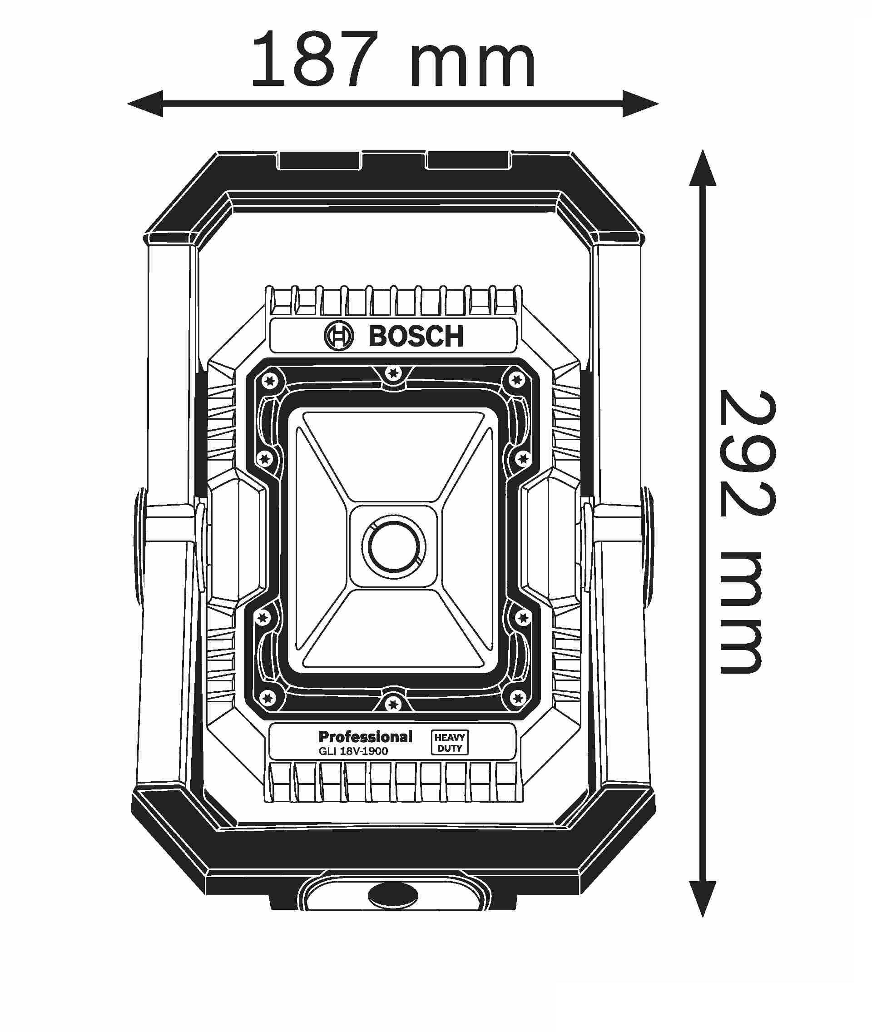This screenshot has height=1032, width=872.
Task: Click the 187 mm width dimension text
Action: pyautogui.click(x=393, y=60)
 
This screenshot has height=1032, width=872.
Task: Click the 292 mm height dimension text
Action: pyautogui.click(x=747, y=531)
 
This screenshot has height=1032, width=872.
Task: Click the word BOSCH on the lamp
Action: pyautogui.click(x=416, y=336)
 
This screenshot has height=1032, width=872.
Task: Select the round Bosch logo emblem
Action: pyautogui.click(x=339, y=336)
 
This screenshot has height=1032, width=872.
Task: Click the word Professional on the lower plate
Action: pyautogui.click(x=365, y=737)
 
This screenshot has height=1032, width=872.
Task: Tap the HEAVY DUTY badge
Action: pyautogui.click(x=449, y=743)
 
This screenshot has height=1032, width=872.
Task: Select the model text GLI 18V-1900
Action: pyautogui.click(x=353, y=751)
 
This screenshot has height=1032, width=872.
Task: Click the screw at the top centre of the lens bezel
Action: pyautogui.click(x=393, y=373)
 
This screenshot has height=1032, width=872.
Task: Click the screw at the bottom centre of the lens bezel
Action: pyautogui.click(x=393, y=704)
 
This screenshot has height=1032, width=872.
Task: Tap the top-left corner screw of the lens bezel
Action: pyautogui.click(x=269, y=380)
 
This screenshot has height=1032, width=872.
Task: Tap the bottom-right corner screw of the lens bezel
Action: pyautogui.click(x=518, y=699)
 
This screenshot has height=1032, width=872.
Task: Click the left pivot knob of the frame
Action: pyautogui.click(x=140, y=546)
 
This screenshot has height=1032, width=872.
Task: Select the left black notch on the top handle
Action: pyautogui.click(x=320, y=161)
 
